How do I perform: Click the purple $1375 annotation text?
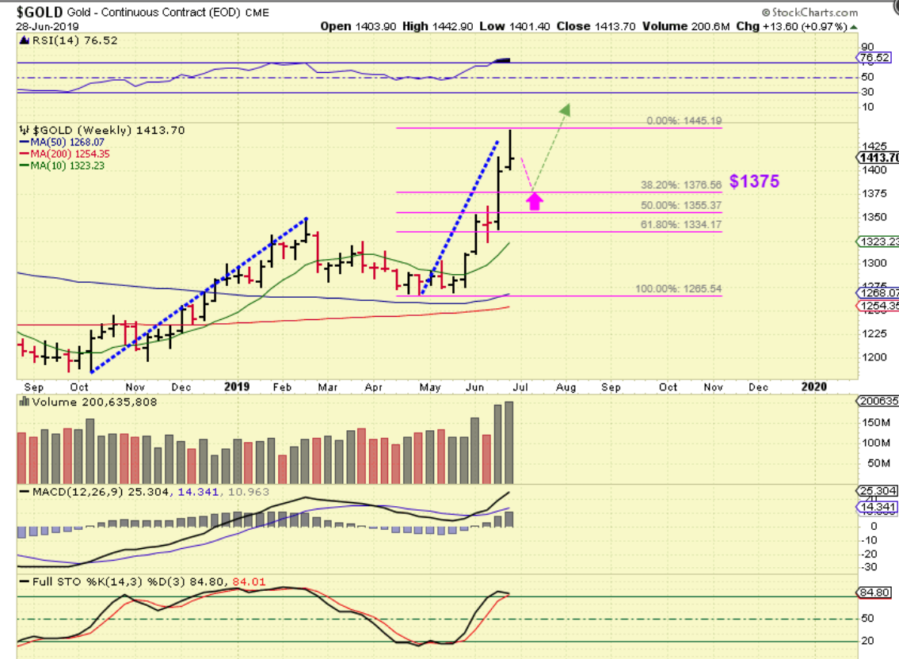(754, 181)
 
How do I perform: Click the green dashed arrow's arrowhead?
(565, 109)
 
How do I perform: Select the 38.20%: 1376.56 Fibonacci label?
(681, 185)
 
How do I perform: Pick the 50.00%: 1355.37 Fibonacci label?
(681, 205)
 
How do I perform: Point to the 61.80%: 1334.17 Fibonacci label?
(681, 225)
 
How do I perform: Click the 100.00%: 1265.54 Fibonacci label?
(679, 289)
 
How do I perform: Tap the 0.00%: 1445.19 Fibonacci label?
(684, 121)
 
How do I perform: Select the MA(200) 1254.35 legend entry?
(70, 154)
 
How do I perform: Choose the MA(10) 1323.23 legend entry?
(67, 166)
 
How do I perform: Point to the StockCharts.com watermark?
(810, 13)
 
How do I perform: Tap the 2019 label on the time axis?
(237, 387)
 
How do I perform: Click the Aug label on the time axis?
(566, 387)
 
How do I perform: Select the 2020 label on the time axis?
(814, 387)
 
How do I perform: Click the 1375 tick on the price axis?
(874, 194)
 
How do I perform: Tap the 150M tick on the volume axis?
(874, 422)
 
